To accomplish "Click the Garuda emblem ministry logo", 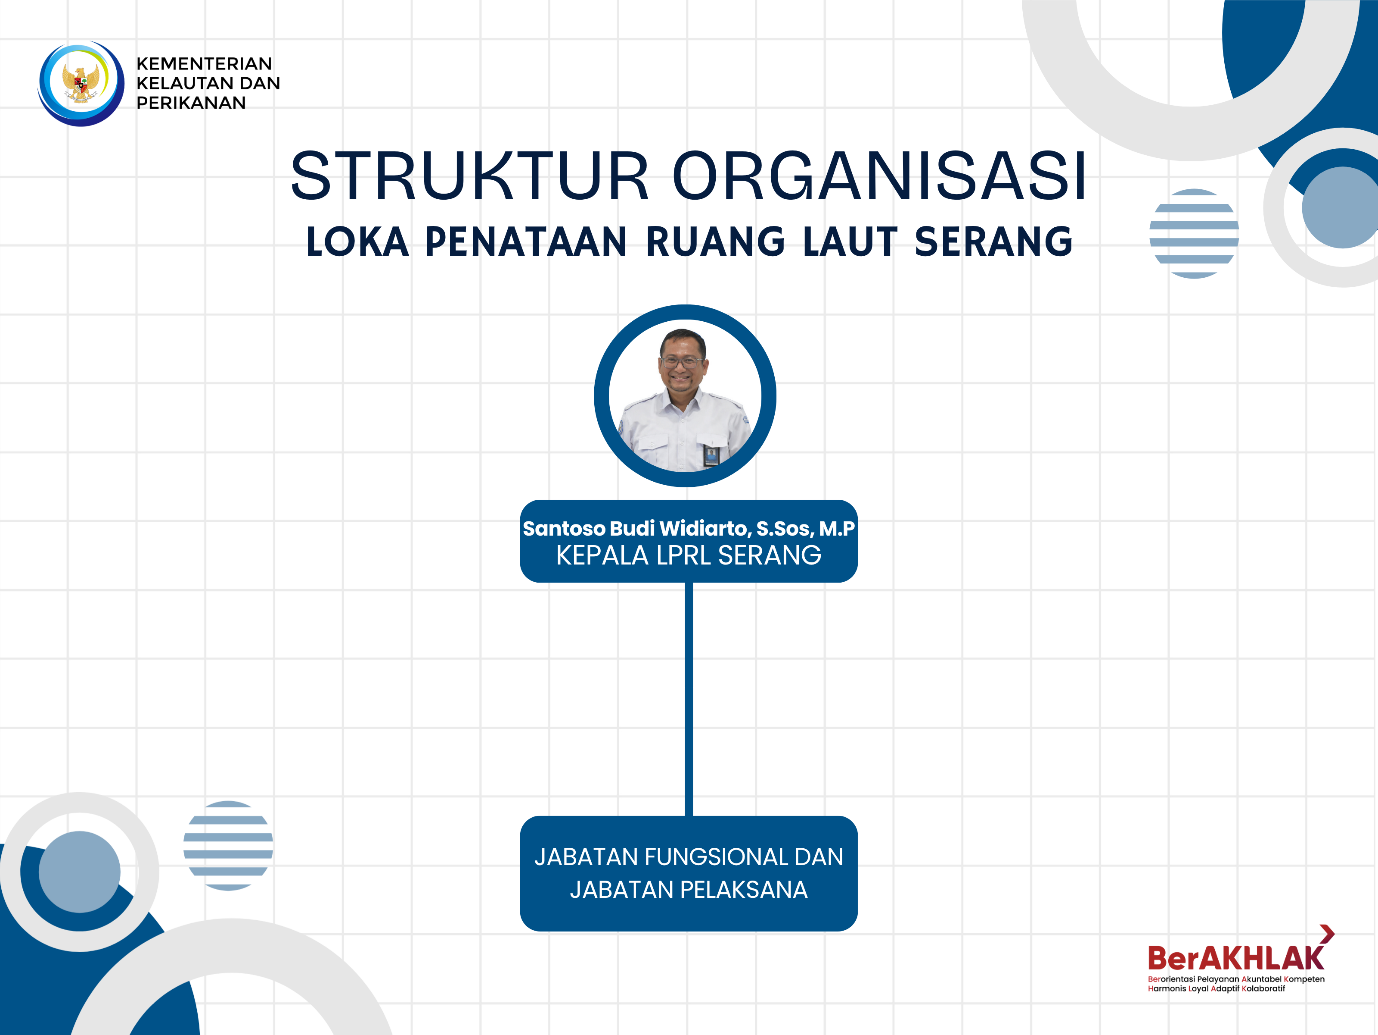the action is tap(81, 83).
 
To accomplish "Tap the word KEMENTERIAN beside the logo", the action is tap(204, 63).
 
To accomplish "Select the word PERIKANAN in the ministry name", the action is tap(191, 103).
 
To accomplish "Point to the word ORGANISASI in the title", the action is tap(880, 176).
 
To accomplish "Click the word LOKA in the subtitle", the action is tap(357, 242).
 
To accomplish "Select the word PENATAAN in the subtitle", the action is tap(526, 242).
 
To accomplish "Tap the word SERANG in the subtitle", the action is tap(993, 242).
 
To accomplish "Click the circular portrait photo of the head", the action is tap(685, 395).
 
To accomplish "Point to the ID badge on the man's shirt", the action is tap(710, 455).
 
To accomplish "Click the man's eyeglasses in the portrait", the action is tap(682, 363).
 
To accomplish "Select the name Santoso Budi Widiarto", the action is tap(636, 528).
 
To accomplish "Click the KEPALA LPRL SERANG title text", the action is tap(689, 555).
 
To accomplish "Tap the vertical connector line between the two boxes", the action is tap(689, 699).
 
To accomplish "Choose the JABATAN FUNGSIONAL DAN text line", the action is tap(689, 857).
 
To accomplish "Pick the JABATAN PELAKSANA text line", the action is tap(689, 889).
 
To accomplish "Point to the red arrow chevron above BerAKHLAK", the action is tap(1327, 933).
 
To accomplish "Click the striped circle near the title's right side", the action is tap(1194, 233).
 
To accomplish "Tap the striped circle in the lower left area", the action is tap(228, 845).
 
